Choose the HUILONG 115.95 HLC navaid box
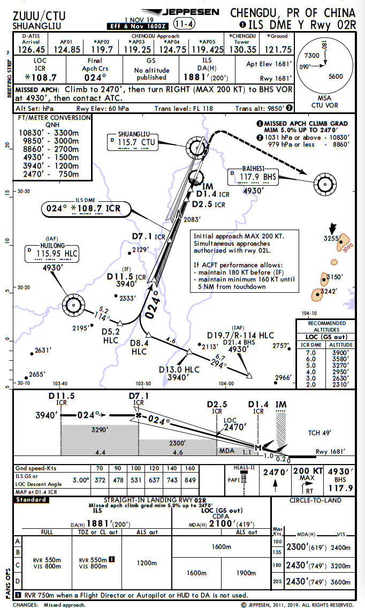51,252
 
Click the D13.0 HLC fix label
179,370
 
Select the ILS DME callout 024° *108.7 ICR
82,208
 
